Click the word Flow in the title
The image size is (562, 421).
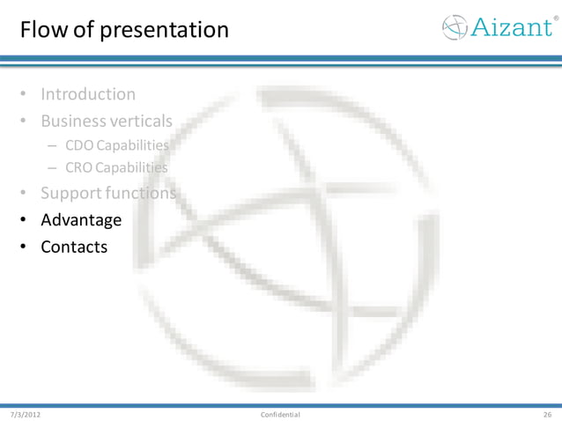[x=41, y=30]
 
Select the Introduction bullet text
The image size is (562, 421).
[x=88, y=93]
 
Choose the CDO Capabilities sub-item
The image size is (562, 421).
[x=116, y=144]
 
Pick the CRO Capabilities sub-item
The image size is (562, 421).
[x=116, y=167]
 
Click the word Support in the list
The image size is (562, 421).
[x=70, y=193]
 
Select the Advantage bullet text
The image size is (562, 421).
[x=81, y=219]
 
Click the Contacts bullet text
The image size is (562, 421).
[x=74, y=247]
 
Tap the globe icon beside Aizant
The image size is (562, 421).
[x=455, y=27]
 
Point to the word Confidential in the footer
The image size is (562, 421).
[x=280, y=414]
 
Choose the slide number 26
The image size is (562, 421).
[x=547, y=414]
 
